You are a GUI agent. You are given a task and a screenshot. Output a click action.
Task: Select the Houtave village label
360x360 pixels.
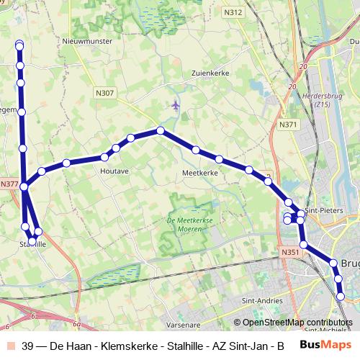click(114, 171)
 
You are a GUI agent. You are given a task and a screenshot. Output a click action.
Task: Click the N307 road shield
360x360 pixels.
click(104, 93)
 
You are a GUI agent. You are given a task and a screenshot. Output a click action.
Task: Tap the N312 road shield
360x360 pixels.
click(233, 12)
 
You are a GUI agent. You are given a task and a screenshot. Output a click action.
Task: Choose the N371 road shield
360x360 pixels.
click(288, 125)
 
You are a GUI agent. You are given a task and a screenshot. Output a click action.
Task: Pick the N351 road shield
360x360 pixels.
click(289, 252)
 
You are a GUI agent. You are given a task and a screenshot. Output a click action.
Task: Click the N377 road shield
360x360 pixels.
click(9, 184)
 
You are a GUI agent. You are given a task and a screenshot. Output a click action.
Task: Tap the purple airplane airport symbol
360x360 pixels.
click(176, 106)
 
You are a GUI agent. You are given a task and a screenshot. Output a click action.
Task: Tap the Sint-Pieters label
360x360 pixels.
click(323, 210)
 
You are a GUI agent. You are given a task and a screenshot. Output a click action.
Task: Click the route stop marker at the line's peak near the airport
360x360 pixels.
click(161, 130)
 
